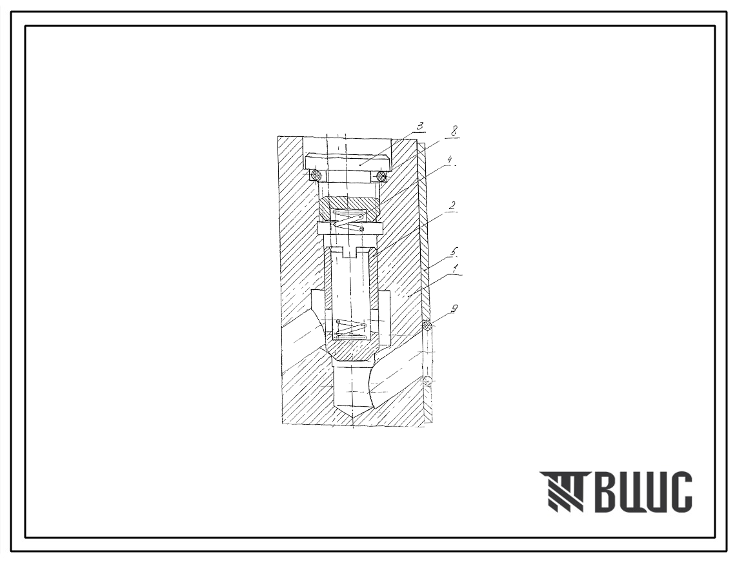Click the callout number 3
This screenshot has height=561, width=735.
[x=421, y=126]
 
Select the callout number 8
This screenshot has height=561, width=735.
[x=453, y=130]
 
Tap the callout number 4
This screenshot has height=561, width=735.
[x=449, y=160]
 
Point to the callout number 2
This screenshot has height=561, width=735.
[x=451, y=206]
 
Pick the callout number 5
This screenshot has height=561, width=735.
[x=454, y=252]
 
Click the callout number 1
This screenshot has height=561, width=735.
[x=455, y=269]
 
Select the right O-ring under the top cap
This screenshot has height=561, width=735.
[x=381, y=176]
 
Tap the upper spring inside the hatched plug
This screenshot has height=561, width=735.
[x=349, y=219]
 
